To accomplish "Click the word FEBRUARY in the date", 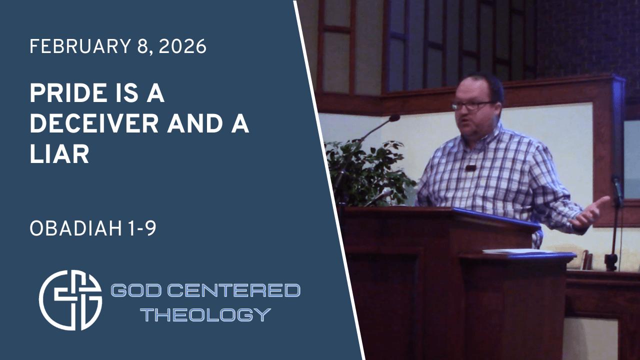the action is [79, 46].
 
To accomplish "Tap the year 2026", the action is [182, 46].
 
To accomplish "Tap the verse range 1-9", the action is [142, 228].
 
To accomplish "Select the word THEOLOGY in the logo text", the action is [205, 314].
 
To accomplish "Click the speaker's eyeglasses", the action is [473, 105].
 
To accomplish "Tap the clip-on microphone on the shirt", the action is [470, 168].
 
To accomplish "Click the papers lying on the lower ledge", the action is [517, 251].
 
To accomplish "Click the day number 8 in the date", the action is [142, 46].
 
